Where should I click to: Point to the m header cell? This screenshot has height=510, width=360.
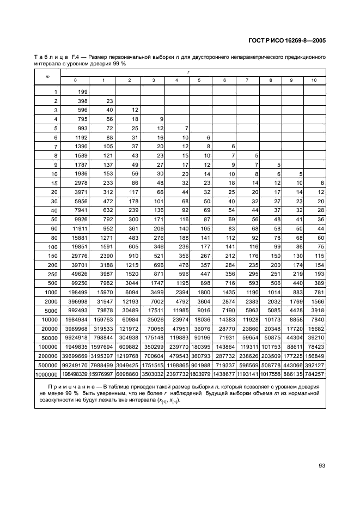(48, 76)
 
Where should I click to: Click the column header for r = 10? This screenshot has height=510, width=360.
(314, 81)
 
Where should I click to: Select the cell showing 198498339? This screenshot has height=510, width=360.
(76, 374)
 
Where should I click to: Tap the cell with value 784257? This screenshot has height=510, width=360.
(314, 374)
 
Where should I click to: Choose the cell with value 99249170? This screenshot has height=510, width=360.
(76, 366)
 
